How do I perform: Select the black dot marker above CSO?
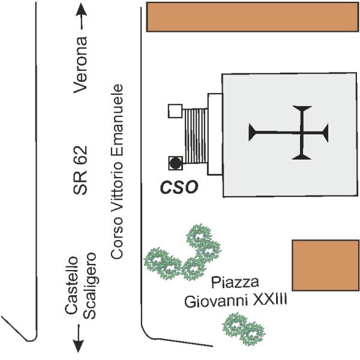pos(175,163)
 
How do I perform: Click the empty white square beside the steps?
pos(175,111)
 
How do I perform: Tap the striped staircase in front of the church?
pos(195,136)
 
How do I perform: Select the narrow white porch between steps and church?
pos(214,134)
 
